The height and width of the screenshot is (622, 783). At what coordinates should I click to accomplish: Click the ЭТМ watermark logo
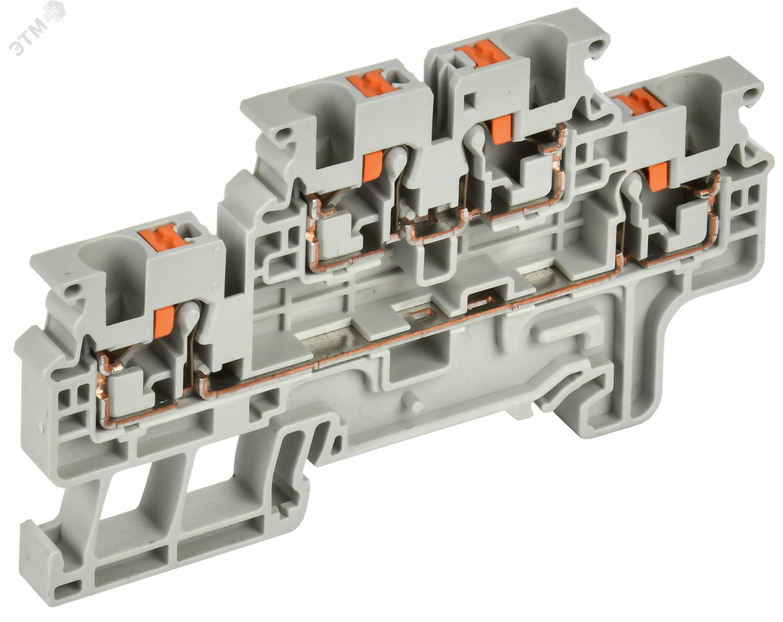point(37,33)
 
